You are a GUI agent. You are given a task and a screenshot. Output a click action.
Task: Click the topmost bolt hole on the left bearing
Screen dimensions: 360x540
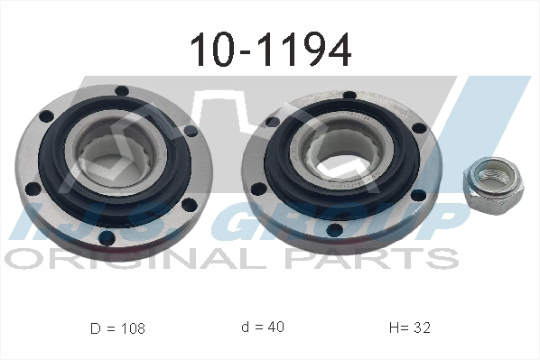[120, 90]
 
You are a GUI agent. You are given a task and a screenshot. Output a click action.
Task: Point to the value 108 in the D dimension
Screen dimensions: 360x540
[130, 328]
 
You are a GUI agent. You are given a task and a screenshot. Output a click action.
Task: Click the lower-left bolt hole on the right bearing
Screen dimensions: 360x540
[259, 190]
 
